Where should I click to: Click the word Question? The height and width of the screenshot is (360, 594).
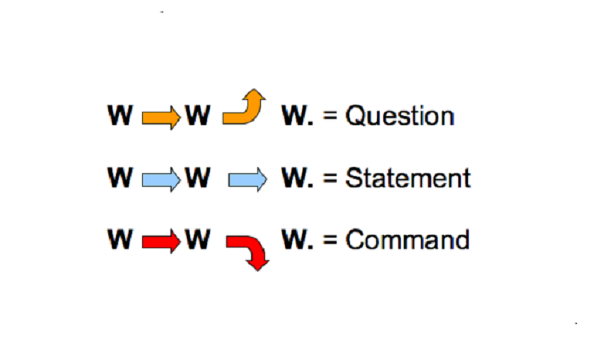pyautogui.click(x=399, y=116)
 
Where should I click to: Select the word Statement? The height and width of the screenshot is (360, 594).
pyautogui.click(x=407, y=178)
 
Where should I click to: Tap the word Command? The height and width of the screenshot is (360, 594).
pyautogui.click(x=407, y=240)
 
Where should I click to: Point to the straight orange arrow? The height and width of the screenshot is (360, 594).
pyautogui.click(x=161, y=117)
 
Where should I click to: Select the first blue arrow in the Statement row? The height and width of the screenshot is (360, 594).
pyautogui.click(x=161, y=180)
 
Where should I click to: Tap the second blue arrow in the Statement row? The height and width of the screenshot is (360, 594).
pyautogui.click(x=248, y=180)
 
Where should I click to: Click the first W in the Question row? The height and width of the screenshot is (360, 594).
pyautogui.click(x=120, y=116)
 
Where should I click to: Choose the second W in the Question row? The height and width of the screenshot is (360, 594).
pyautogui.click(x=198, y=116)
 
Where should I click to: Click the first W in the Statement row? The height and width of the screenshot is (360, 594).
pyautogui.click(x=120, y=178)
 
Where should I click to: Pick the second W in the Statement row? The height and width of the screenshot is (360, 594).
pyautogui.click(x=198, y=178)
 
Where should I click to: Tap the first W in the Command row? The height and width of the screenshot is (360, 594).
pyautogui.click(x=120, y=240)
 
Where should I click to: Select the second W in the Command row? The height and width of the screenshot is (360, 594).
pyautogui.click(x=198, y=240)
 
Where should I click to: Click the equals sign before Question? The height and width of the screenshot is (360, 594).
pyautogui.click(x=330, y=117)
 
